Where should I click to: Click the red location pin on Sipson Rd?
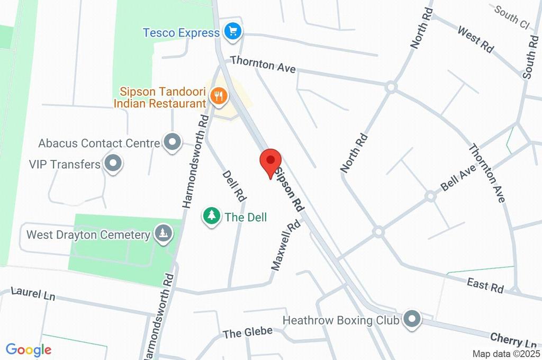coord(270,160)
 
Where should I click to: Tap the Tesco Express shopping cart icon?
coord(232,32)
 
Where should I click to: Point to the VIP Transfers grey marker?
coord(113,164)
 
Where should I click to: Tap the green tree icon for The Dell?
coord(212,216)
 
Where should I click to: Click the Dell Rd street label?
coord(234,185)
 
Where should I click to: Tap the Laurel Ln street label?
coord(33,293)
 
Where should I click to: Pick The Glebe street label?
coord(247,332)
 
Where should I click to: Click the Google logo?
coord(29,349)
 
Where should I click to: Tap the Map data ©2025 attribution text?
coord(506,354)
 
